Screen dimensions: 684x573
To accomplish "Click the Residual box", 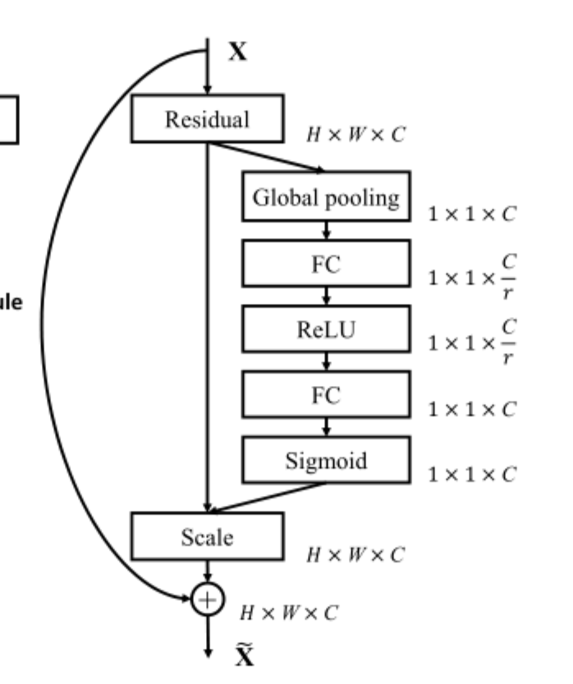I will coord(207,119).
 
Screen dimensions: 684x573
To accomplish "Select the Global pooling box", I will coord(326,197).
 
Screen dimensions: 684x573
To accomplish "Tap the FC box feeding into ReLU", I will coord(326,264).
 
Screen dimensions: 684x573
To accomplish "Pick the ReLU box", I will coord(326,330).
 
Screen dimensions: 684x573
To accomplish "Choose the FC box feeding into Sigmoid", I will coord(326,396).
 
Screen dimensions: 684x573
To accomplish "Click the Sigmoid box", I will coord(326,458).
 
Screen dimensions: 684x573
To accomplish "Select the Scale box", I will coord(207,537).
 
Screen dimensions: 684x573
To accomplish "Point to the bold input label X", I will coord(236,53).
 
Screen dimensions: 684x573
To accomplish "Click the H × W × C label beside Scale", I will coord(355,555).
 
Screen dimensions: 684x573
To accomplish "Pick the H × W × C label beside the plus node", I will coord(288,613).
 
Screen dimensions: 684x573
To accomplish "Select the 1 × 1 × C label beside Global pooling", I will coord(472,215).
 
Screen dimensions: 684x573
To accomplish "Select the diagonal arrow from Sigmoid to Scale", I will coord(267,497).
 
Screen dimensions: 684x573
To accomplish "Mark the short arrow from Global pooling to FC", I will coord(326,231).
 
